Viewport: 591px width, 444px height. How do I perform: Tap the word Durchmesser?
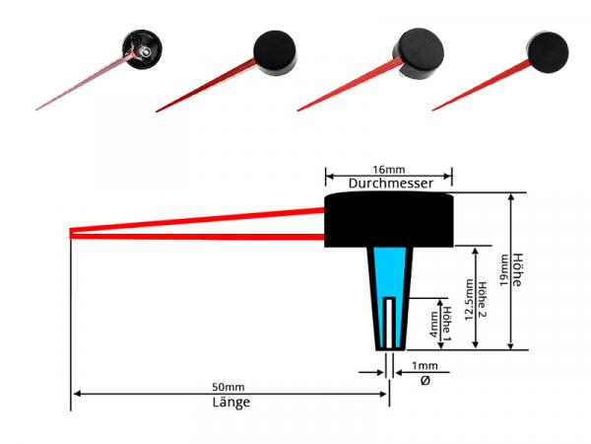pos(388,184)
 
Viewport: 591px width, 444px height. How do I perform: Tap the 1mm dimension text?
pos(425,367)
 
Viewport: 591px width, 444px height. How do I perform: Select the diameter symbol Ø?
pos(425,381)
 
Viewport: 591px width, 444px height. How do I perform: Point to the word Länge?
pos(230,403)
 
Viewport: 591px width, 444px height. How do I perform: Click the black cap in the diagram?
pos(388,219)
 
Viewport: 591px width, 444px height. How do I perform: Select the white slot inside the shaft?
pos(392,320)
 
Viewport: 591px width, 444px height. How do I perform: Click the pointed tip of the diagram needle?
pos(72,233)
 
